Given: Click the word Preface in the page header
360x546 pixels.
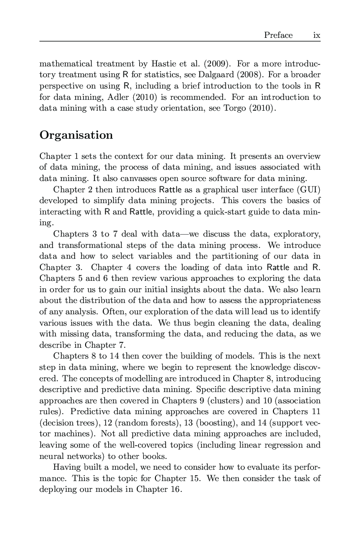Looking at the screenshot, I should (x=278, y=35).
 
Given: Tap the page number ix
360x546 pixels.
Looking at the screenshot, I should (x=317, y=35).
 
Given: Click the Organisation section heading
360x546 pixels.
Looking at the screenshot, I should (x=76, y=135).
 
